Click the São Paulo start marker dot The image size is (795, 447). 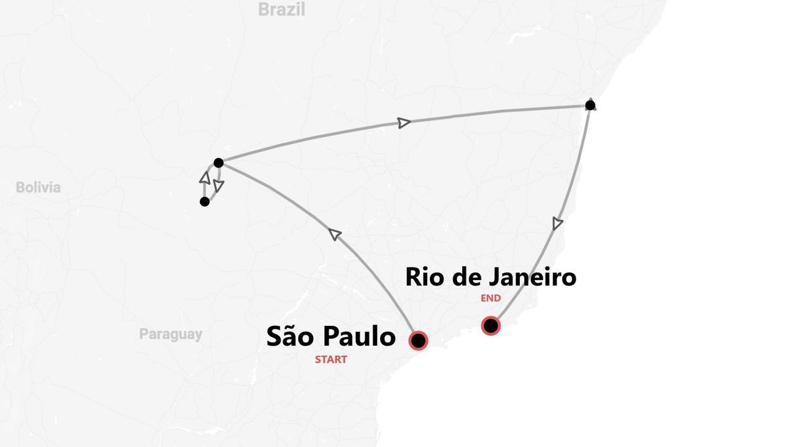click(x=418, y=340)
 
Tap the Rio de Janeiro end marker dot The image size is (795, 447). click(x=491, y=325)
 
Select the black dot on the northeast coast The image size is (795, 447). click(x=590, y=105)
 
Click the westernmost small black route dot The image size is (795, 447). click(x=204, y=201)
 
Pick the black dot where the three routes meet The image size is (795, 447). click(x=218, y=163)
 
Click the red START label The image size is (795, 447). click(x=330, y=359)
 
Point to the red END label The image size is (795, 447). click(x=491, y=298)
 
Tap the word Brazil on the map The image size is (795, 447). click(x=281, y=9)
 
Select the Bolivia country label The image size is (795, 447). click(x=39, y=187)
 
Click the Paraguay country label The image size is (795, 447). click(x=170, y=334)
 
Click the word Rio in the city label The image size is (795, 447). click(x=427, y=277)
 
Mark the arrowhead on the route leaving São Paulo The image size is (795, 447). click(x=335, y=234)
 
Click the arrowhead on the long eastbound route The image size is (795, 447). click(x=404, y=123)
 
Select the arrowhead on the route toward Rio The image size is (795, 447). click(x=558, y=223)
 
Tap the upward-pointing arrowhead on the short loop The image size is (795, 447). click(x=204, y=178)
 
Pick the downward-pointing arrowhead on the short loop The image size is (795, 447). click(x=218, y=185)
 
